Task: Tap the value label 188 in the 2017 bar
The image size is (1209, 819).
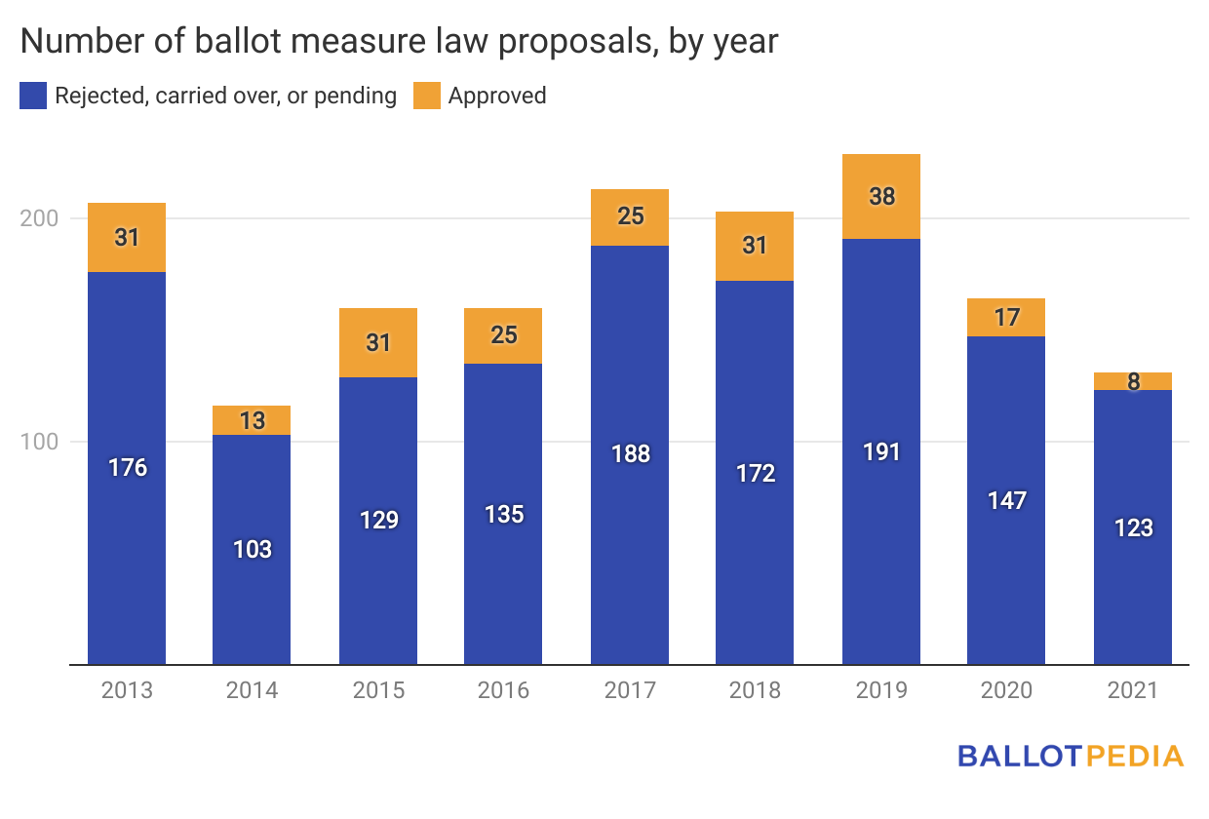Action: pos(631,453)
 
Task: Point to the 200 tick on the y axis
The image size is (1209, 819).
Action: pos(40,218)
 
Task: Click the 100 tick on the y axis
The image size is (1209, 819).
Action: pos(40,442)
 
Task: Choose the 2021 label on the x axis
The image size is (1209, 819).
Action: pos(1132,690)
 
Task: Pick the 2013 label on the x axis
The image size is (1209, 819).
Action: pos(127,690)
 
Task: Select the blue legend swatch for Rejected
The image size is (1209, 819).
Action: pos(33,96)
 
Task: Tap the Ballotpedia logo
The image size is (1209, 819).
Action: pos(1070,756)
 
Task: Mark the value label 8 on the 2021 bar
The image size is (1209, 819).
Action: pos(1133,381)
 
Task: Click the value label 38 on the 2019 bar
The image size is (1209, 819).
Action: pos(881,196)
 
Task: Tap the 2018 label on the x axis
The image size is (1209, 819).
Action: pos(755,690)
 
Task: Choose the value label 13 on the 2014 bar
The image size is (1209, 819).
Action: pos(252,420)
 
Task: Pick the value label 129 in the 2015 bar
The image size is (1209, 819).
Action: pos(379,520)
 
